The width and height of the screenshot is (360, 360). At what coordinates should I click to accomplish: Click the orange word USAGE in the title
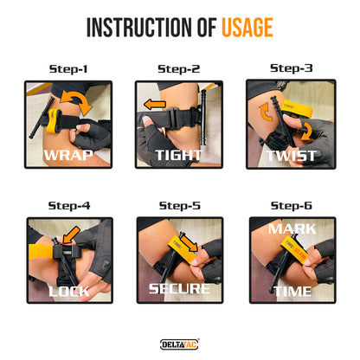[247, 28]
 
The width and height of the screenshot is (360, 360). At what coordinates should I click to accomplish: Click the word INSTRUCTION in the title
[138, 28]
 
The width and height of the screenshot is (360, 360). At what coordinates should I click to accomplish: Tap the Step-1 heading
[68, 69]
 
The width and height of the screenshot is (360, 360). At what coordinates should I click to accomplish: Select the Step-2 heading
[178, 69]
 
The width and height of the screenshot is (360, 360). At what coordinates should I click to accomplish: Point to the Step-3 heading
[291, 68]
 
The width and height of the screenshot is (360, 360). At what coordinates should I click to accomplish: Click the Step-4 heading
[69, 206]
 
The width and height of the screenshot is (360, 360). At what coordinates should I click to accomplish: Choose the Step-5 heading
[179, 206]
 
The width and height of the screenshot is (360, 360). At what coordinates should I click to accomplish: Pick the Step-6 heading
[291, 206]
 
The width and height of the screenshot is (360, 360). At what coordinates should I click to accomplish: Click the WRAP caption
[68, 155]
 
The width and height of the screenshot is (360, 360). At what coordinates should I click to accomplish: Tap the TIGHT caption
[178, 155]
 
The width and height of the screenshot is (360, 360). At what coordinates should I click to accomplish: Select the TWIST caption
[291, 156]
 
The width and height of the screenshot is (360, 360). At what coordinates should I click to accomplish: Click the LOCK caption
[69, 292]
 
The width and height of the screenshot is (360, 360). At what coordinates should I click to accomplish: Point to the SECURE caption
[179, 289]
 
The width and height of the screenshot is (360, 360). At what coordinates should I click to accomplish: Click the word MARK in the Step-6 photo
[292, 229]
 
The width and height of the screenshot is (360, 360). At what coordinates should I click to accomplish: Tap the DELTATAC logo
[179, 344]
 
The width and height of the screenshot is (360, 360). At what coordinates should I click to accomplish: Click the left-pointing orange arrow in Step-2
[155, 105]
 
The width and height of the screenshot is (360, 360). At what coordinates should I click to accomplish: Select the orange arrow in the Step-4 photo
[71, 235]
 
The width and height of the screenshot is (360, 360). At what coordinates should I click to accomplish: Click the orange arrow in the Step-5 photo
[188, 242]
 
